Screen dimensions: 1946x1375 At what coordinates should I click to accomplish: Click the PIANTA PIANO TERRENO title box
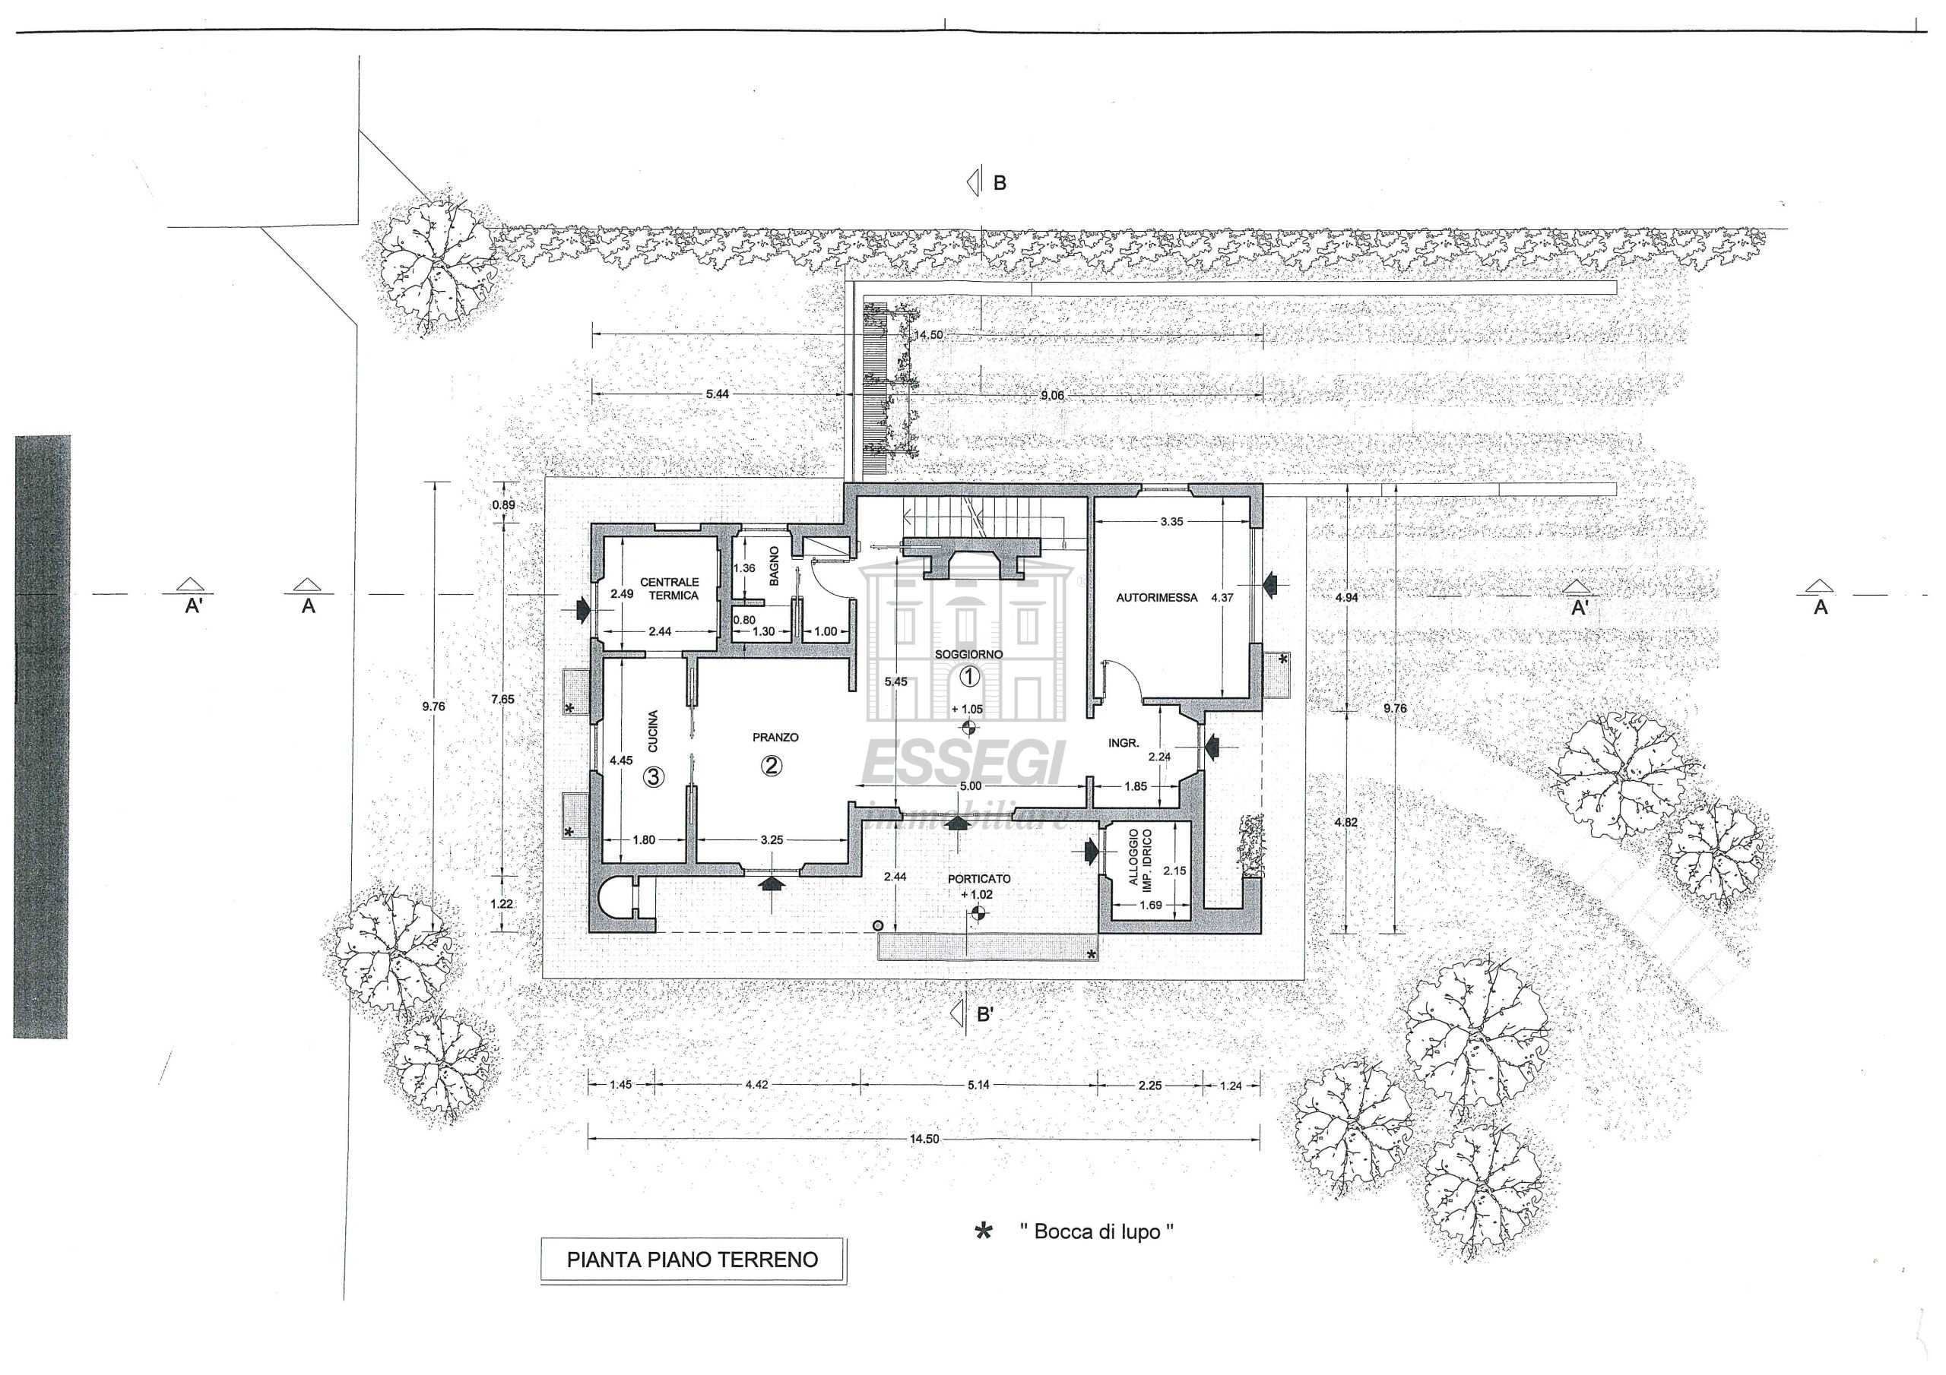click(693, 1260)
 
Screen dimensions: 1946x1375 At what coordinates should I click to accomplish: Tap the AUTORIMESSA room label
click(1156, 598)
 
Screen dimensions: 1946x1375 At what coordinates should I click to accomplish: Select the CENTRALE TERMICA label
click(670, 589)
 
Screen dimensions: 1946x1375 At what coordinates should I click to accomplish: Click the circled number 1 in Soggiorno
click(968, 676)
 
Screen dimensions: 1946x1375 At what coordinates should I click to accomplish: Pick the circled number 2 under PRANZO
click(772, 766)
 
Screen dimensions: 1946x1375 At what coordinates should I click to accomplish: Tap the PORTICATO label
click(979, 880)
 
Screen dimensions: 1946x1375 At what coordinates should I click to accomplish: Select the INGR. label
click(1123, 743)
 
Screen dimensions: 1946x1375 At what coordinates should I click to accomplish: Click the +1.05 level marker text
click(967, 709)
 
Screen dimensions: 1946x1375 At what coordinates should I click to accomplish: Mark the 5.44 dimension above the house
click(717, 394)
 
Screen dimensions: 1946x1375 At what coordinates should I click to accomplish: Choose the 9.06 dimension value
click(1052, 396)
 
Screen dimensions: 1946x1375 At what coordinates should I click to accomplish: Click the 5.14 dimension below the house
click(978, 1086)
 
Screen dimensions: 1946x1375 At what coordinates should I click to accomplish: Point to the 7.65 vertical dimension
click(502, 699)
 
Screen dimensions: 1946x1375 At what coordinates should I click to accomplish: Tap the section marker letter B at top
click(1000, 182)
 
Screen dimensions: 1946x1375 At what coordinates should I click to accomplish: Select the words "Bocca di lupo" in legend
click(1098, 1232)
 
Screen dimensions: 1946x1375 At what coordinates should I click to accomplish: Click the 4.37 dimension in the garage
click(1222, 597)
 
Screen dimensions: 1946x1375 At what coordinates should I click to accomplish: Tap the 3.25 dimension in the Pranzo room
click(772, 840)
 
